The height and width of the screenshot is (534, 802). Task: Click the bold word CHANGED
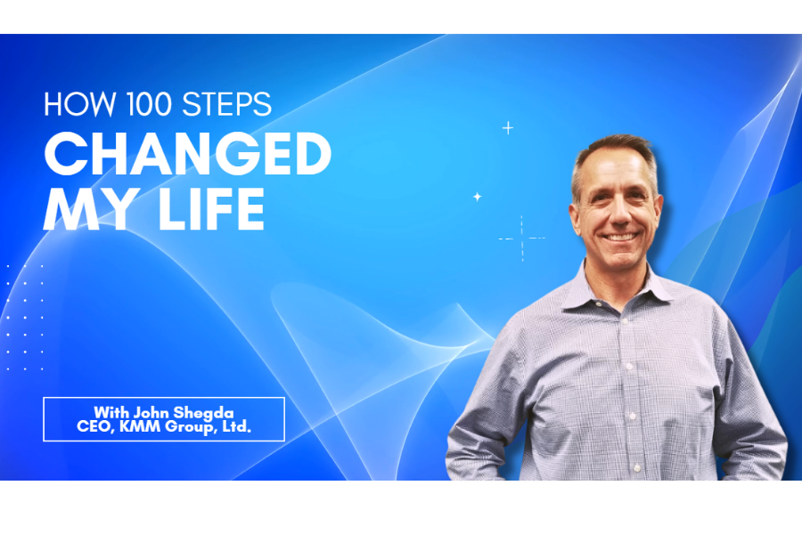(x=187, y=155)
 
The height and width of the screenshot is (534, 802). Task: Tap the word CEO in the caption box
(x=93, y=427)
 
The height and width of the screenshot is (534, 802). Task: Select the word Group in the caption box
(x=188, y=427)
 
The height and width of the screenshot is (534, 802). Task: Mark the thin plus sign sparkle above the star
(x=508, y=128)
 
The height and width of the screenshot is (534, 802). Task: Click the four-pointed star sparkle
(x=477, y=197)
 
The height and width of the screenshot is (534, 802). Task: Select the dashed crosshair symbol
(x=521, y=239)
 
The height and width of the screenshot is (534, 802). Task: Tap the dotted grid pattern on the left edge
(x=24, y=316)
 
